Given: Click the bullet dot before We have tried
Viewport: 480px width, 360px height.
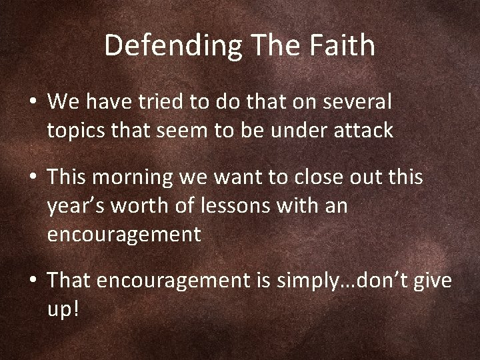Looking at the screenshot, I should [x=33, y=104].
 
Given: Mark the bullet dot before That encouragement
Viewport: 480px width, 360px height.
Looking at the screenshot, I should [x=33, y=281].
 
